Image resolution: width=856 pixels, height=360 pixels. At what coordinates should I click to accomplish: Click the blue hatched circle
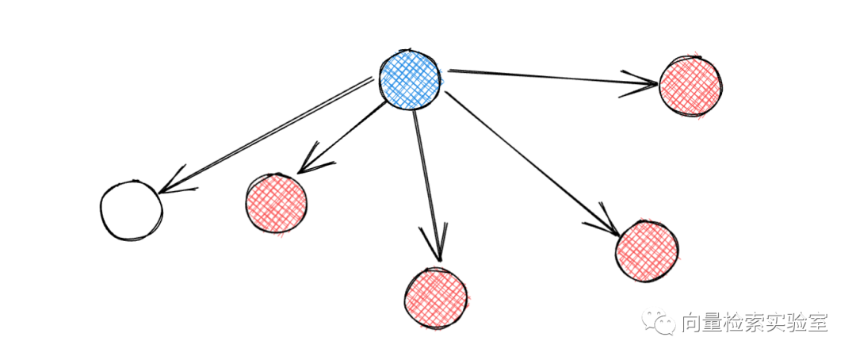pos(409,79)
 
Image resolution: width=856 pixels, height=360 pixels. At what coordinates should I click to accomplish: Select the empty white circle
pos(132,210)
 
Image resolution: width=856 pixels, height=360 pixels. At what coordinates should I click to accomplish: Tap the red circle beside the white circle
pos(276,203)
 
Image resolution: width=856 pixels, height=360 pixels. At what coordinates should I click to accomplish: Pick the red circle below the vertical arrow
pos(435,297)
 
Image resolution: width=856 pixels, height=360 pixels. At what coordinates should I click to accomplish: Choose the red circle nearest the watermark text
pos(647,251)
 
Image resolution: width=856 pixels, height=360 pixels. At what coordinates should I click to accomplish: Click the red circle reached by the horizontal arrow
pos(690,85)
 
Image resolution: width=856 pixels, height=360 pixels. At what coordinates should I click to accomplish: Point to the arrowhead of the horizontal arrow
pos(644,82)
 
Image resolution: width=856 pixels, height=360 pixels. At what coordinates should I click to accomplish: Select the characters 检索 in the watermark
pos(739,324)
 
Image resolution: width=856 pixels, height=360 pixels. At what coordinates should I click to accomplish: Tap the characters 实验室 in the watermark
pos(794,324)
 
